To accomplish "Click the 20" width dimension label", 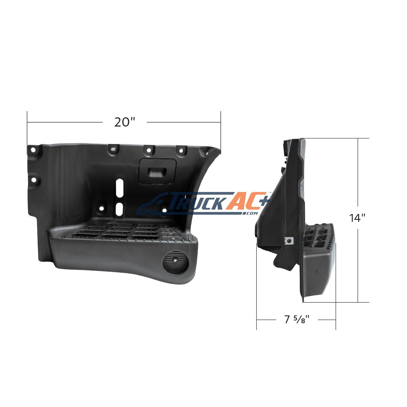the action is tap(124, 122).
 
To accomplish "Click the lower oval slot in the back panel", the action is tap(119, 209).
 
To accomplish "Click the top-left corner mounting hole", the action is tap(33, 150).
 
